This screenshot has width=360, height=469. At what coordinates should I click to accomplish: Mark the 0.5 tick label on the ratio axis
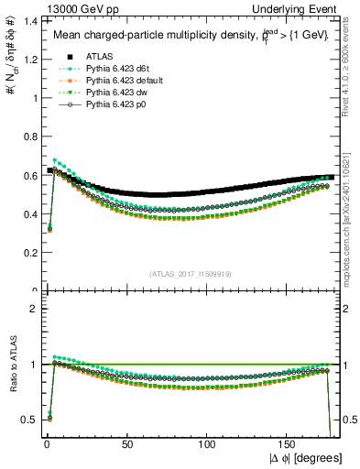point(28,420)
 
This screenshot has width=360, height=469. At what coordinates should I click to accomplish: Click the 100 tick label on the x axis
point(208,443)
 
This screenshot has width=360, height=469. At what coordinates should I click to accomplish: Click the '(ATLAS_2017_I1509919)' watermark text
point(190,274)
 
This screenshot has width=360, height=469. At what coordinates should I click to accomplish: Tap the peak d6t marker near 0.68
point(56,160)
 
